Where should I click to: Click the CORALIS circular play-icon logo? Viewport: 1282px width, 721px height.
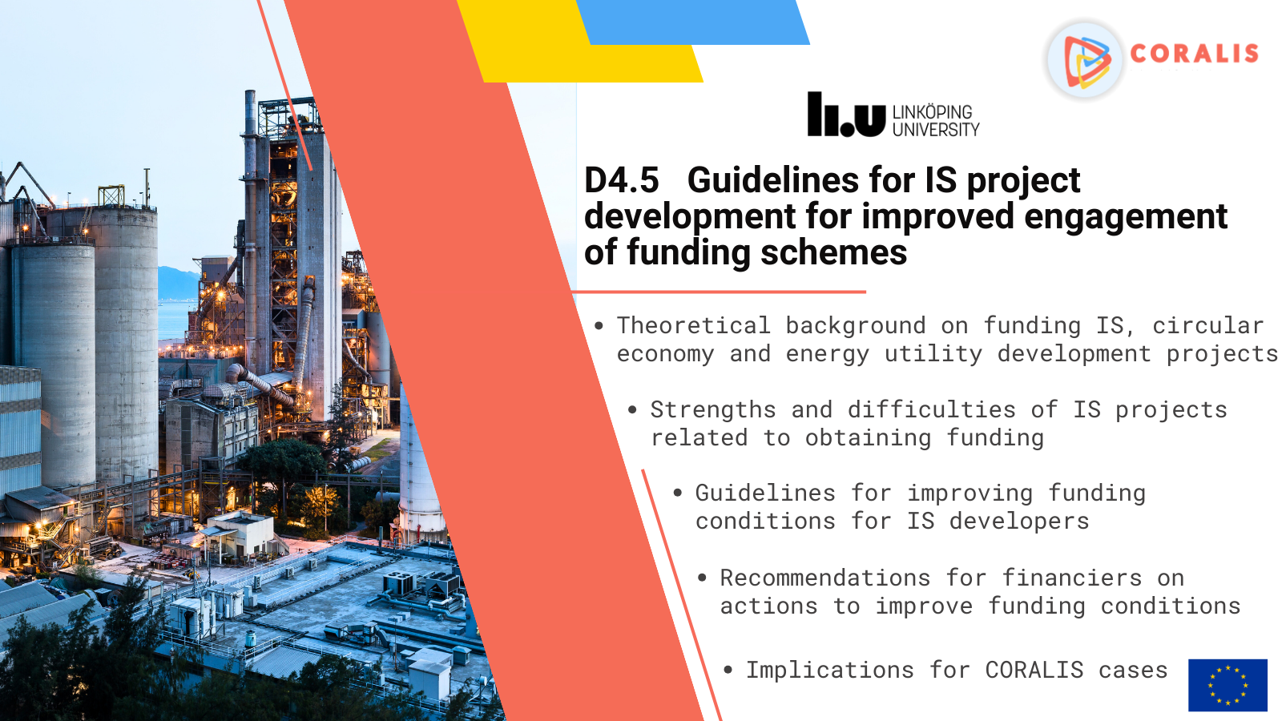[x=1085, y=59]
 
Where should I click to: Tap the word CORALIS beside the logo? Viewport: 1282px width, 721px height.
[x=1195, y=54]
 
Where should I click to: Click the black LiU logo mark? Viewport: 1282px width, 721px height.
[x=846, y=115]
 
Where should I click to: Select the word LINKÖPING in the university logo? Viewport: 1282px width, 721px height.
[x=933, y=112]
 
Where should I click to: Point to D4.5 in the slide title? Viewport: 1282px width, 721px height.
[x=622, y=180]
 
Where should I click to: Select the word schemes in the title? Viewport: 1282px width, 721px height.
[x=834, y=253]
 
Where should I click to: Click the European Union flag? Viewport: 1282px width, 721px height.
[x=1228, y=685]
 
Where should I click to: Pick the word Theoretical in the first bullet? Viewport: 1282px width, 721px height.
[x=694, y=325]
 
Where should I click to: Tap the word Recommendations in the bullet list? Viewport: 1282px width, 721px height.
[x=825, y=578]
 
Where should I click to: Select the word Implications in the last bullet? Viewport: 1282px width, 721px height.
[x=830, y=671]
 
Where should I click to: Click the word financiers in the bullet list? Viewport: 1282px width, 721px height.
[x=1072, y=578]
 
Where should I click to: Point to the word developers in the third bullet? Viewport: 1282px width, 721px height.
[x=1019, y=522]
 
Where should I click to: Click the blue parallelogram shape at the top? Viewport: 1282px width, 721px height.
[x=692, y=22]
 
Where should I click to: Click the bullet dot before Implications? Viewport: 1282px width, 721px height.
[x=728, y=670]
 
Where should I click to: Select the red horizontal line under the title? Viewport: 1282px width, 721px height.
[x=719, y=292]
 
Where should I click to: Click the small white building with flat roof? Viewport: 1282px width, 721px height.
[x=240, y=535]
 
